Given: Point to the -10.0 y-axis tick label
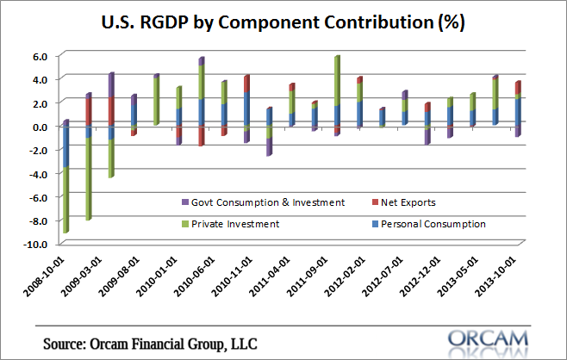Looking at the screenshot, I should coord(40,245).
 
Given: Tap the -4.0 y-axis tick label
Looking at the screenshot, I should coord(42,174).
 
